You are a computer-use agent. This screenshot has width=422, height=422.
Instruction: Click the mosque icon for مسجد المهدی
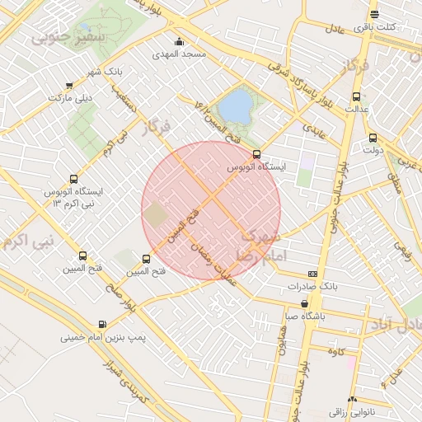click(179, 42)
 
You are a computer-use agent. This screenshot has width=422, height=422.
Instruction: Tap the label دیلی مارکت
click(68, 97)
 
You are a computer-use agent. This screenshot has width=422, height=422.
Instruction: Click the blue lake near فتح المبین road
click(236, 105)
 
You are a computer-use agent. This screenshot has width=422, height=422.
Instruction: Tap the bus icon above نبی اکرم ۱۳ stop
click(74, 179)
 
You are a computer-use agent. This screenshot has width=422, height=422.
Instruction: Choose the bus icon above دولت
click(373, 138)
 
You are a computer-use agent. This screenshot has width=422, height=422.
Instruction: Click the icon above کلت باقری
click(375, 14)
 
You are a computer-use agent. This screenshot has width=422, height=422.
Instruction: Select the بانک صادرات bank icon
click(312, 273)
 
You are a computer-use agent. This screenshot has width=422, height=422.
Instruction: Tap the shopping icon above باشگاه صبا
click(304, 303)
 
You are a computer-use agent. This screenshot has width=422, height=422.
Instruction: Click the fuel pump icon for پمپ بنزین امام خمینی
click(102, 325)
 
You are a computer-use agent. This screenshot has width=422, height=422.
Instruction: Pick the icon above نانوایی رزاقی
click(354, 398)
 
